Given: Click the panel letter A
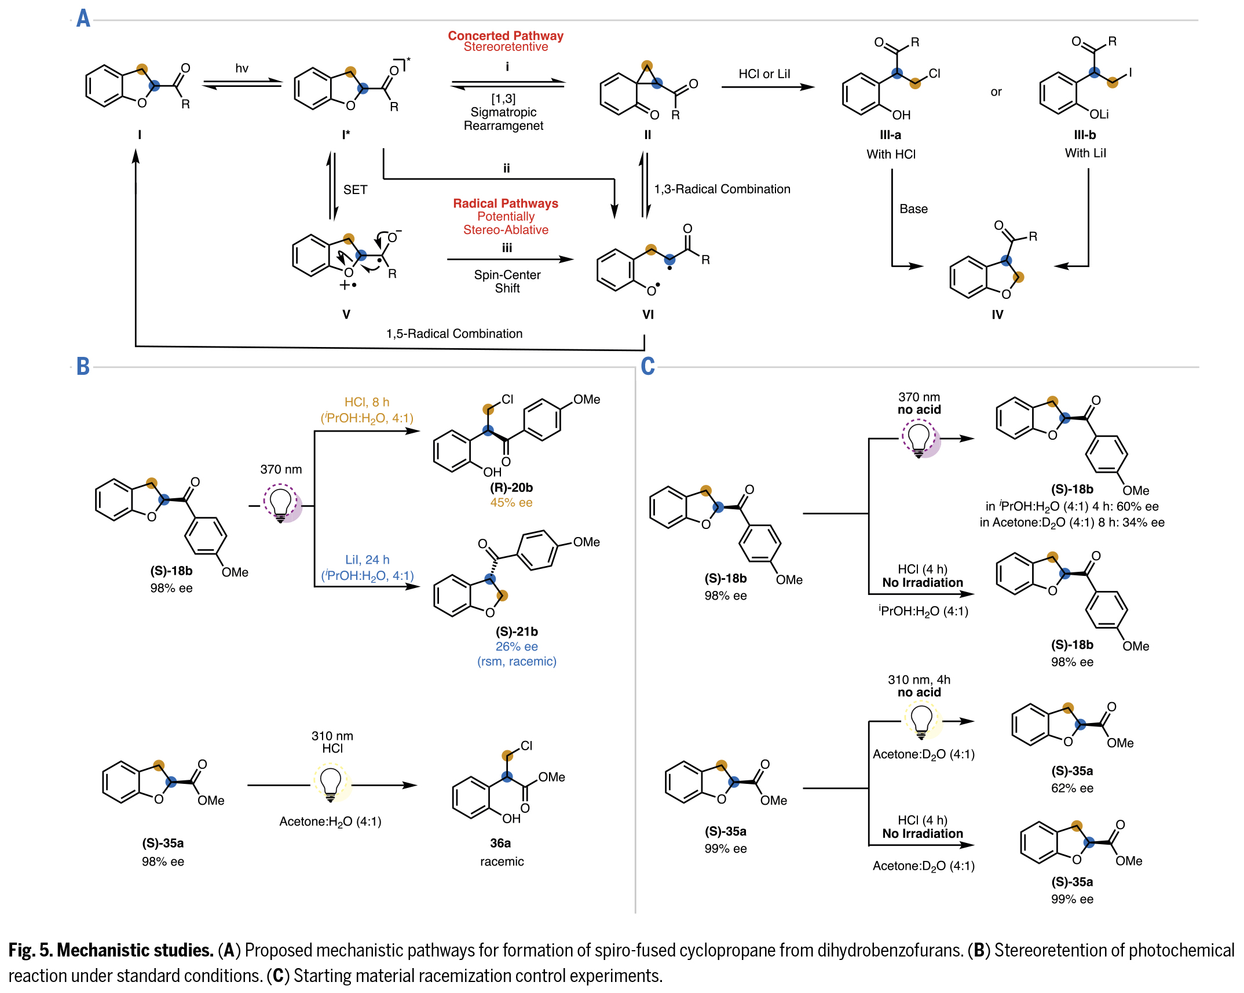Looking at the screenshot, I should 83,19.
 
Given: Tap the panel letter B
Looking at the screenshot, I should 83,366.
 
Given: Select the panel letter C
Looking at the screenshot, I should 647,366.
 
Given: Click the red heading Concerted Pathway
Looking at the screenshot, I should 505,36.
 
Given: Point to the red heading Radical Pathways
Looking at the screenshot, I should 505,203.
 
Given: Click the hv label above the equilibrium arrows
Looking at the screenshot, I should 242,68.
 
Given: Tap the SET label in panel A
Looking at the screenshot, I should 355,190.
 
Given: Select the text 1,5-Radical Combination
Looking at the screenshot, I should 454,334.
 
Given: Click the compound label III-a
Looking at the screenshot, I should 890,135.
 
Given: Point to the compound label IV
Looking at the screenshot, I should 997,315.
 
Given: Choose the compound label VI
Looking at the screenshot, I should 647,315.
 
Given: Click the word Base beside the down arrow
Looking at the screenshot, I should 913,209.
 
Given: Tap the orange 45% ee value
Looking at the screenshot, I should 511,503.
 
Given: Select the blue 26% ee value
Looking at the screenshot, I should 516,647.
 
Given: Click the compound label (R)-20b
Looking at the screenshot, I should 511,488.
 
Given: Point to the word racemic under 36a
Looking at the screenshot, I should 502,861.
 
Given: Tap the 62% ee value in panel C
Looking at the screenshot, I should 1072,788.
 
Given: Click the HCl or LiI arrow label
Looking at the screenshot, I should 764,74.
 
